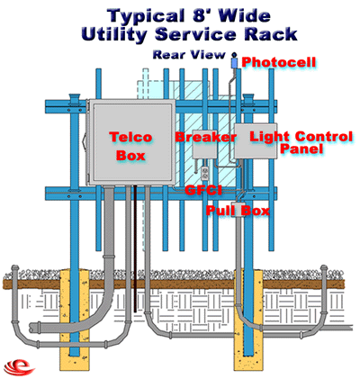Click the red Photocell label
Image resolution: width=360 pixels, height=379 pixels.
(x=279, y=62)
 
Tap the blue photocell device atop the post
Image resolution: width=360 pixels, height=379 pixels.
(x=234, y=62)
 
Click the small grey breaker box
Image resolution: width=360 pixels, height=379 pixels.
(x=204, y=145)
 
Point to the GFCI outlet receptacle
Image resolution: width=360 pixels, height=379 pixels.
(x=205, y=173)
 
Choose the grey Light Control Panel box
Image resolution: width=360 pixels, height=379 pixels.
(x=256, y=140)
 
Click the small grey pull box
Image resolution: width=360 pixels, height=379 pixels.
(x=239, y=210)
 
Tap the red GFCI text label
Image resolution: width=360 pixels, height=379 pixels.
(x=203, y=190)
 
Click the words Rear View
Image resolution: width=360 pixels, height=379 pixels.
(x=189, y=55)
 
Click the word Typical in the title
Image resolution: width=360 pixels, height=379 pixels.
(x=147, y=16)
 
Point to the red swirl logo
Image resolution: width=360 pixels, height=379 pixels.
(x=19, y=366)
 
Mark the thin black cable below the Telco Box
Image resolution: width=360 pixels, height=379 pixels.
(x=135, y=248)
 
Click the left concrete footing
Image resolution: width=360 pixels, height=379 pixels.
(x=75, y=316)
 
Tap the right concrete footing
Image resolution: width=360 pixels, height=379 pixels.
(x=248, y=319)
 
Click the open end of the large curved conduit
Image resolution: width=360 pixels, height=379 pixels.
(x=33, y=328)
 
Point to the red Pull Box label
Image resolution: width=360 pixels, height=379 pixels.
(x=238, y=211)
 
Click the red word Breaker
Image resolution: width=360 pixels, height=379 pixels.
(x=206, y=137)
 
